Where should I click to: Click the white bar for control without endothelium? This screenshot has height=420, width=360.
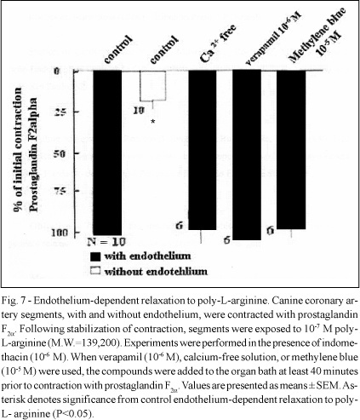152,86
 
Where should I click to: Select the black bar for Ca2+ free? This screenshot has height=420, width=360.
203,150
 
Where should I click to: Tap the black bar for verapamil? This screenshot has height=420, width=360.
247,155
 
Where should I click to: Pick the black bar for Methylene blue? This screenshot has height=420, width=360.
291,149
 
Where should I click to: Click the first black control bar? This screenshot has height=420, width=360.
107,152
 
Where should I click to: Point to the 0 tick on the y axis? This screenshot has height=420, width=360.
57,71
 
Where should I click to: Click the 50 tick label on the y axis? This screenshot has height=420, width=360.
60,154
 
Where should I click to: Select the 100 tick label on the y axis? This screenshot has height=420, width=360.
59,233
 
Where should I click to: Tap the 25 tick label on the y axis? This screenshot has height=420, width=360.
60,112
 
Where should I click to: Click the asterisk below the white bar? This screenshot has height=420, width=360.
153,122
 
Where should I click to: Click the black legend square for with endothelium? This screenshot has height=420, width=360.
95,256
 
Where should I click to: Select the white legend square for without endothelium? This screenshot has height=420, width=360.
95,271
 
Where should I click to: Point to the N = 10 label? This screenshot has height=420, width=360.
106,242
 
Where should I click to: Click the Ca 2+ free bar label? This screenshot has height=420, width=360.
218,43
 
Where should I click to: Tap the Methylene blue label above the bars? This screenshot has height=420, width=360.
317,35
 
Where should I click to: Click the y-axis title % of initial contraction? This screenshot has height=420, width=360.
19,149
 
